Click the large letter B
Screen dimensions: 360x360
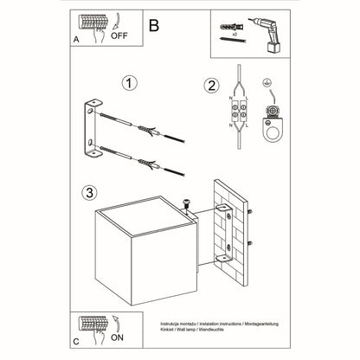[153, 26]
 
